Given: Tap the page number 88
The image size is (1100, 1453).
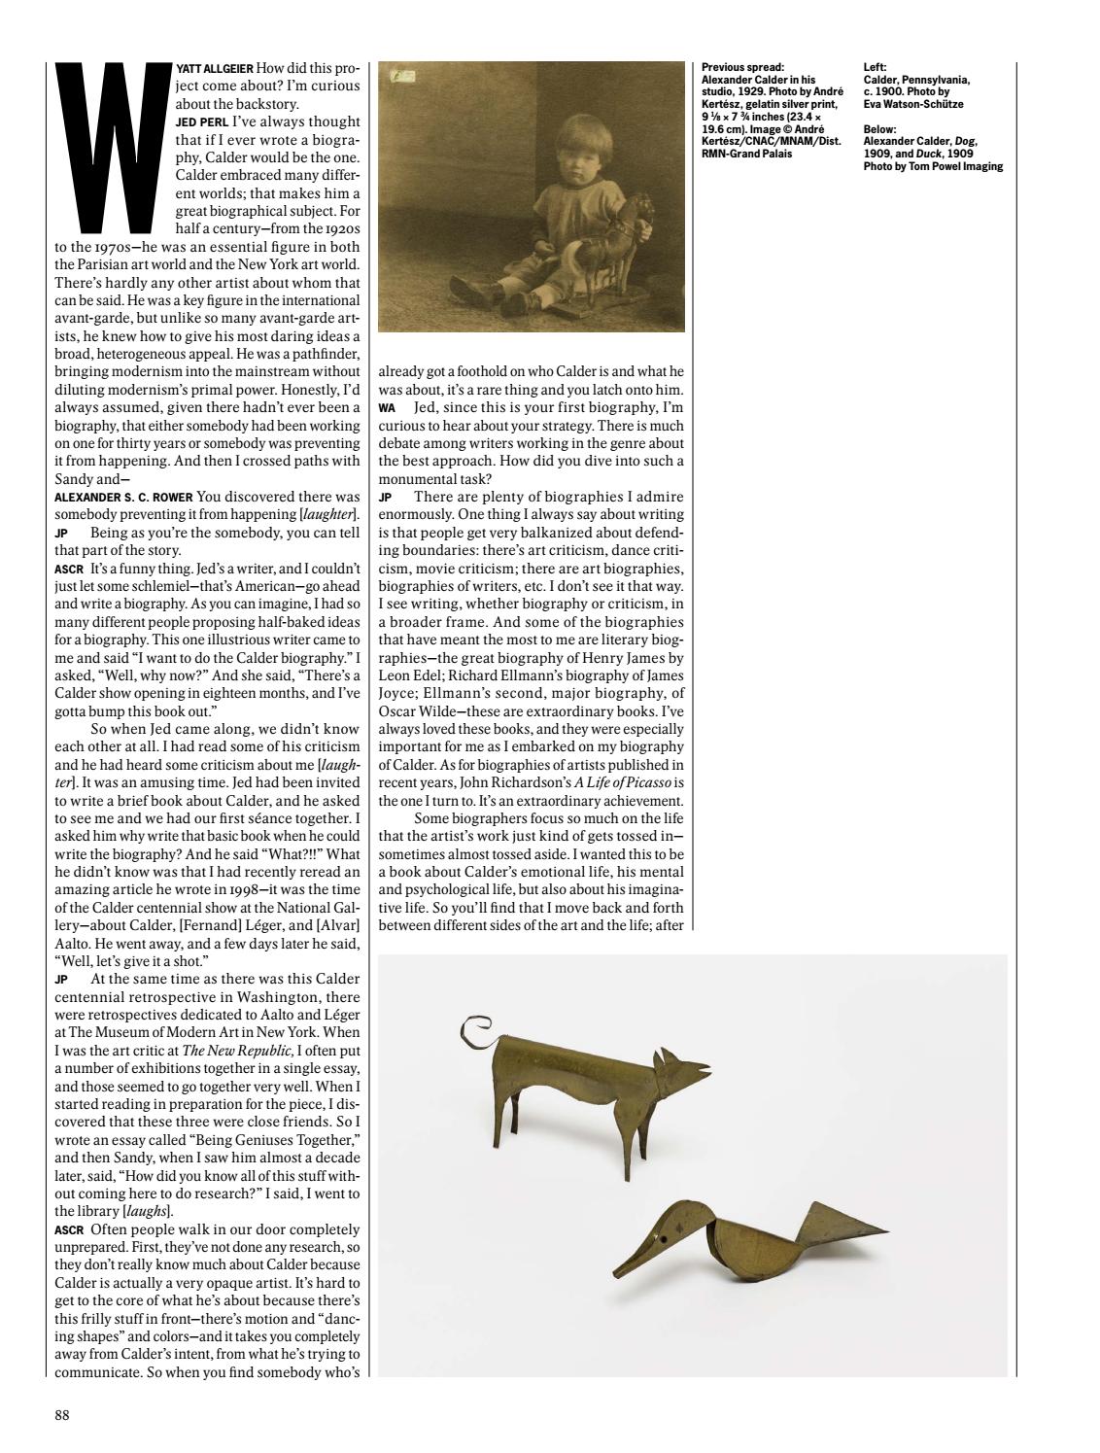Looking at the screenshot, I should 61,1415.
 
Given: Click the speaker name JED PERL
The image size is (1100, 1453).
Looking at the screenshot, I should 203,122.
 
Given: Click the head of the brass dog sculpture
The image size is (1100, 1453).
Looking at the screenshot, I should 674,1071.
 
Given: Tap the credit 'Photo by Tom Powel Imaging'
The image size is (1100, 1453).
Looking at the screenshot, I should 933,166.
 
